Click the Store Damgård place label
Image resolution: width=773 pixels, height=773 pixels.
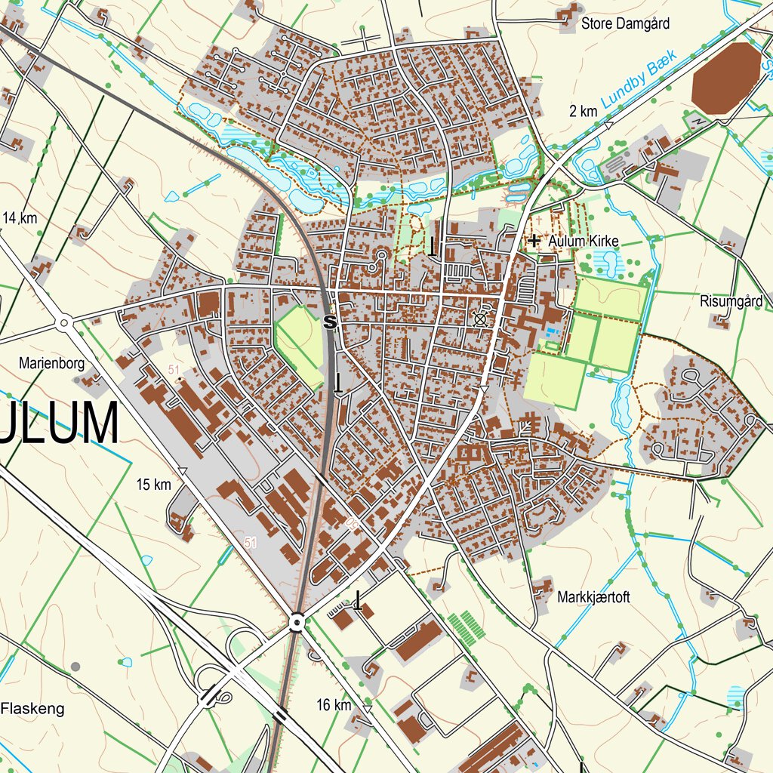coord(624,23)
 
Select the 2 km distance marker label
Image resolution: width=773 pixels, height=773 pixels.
coord(584,112)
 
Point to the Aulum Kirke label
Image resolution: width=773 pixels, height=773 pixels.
coord(584,241)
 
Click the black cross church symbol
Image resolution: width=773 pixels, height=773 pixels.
coord(534,241)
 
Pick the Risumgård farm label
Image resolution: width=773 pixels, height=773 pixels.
coord(731,301)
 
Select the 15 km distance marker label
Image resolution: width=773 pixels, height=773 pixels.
coord(153,485)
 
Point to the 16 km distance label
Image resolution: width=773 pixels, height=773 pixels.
coord(334,705)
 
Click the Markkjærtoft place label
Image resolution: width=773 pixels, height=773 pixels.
coord(593,597)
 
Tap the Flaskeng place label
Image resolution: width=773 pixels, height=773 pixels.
coord(32,709)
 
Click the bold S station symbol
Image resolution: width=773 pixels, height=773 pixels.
coord(328,322)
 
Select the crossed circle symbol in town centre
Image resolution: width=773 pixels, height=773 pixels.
coord(479,319)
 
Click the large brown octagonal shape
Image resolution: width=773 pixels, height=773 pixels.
coord(725,78)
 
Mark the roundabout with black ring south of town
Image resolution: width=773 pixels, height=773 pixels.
coord(297,622)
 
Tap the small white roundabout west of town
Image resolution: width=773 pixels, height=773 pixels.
coord(64,324)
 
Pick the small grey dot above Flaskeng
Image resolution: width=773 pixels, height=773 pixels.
coord(75,666)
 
